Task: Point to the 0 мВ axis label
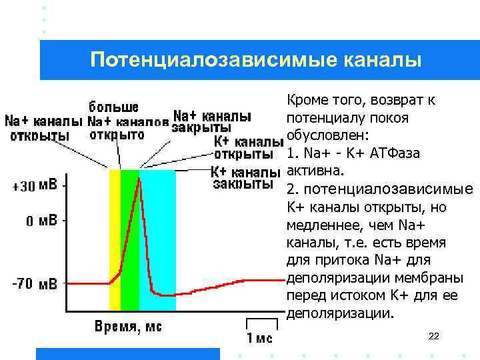click(41, 221)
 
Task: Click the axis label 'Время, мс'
click(128, 327)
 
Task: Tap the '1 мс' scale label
click(259, 337)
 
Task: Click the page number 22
click(433, 336)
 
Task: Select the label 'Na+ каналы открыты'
click(43, 128)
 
